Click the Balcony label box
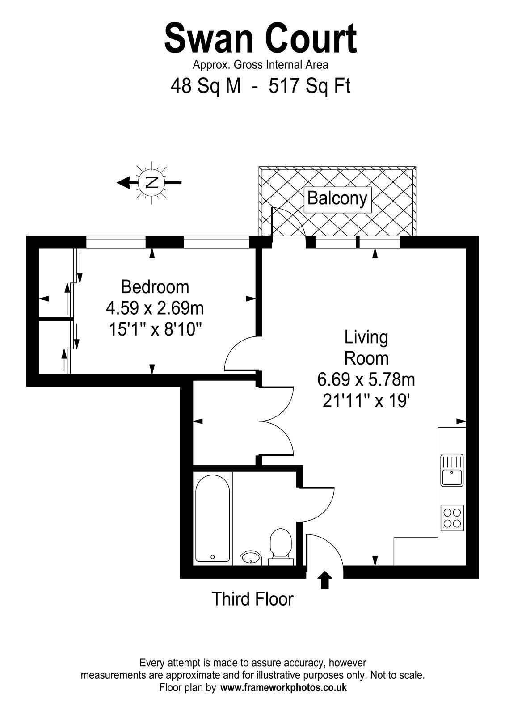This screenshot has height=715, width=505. (337, 199)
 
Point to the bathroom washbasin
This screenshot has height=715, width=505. (251, 558)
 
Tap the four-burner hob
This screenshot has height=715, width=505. (452, 518)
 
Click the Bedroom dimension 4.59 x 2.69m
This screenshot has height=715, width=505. (155, 308)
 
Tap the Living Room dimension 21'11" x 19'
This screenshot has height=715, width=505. (366, 401)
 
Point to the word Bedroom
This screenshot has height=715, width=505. (155, 287)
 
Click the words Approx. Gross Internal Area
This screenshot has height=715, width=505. (260, 65)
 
